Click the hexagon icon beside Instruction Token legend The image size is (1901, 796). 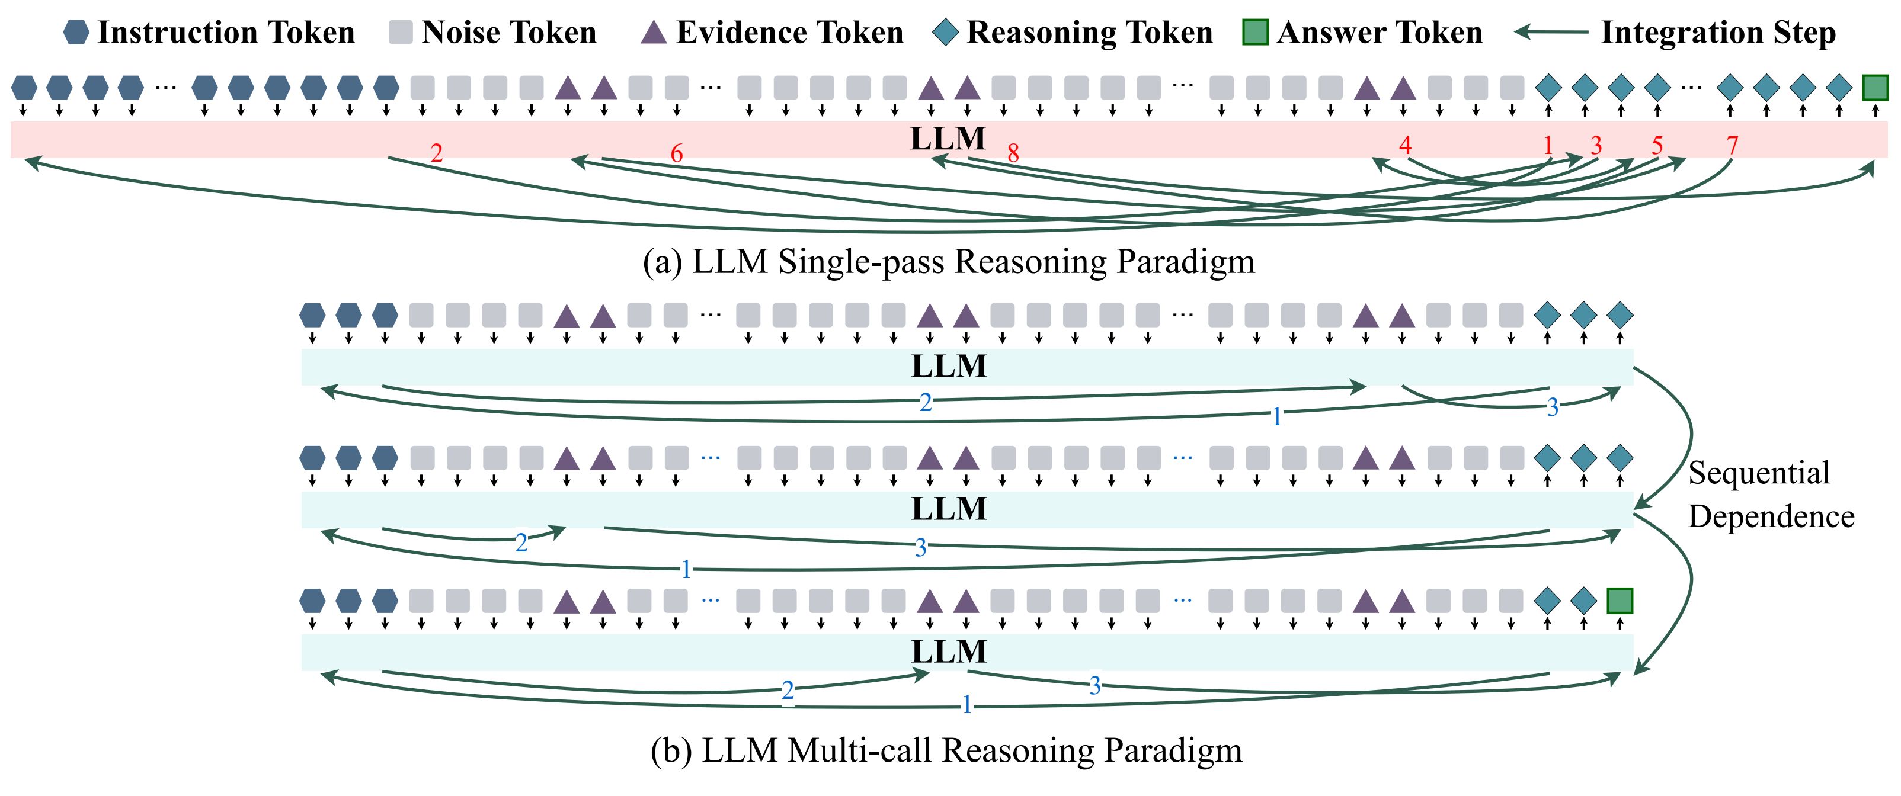pos(76,33)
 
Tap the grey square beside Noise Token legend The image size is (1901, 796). pos(400,33)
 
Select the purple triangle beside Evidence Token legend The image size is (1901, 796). pos(653,33)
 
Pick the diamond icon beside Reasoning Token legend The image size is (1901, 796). pos(946,33)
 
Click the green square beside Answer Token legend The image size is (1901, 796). pos(1255,33)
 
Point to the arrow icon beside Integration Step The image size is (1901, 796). pos(1550,33)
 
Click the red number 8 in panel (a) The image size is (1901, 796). pos(1013,153)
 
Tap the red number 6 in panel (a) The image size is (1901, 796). pos(676,153)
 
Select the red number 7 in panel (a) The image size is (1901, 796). pos(1732,145)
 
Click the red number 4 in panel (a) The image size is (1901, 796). pos(1405,145)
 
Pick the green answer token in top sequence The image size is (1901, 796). pos(1875,88)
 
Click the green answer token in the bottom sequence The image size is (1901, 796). pos(1620,601)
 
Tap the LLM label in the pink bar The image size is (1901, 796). pos(948,139)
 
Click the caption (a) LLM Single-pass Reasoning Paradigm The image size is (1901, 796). pos(948,262)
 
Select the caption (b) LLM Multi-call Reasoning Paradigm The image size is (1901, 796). pos(946,750)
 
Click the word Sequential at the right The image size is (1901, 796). pos(1759,473)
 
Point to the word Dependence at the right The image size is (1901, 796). pos(1771,516)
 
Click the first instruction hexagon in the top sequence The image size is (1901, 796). pos(24,88)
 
